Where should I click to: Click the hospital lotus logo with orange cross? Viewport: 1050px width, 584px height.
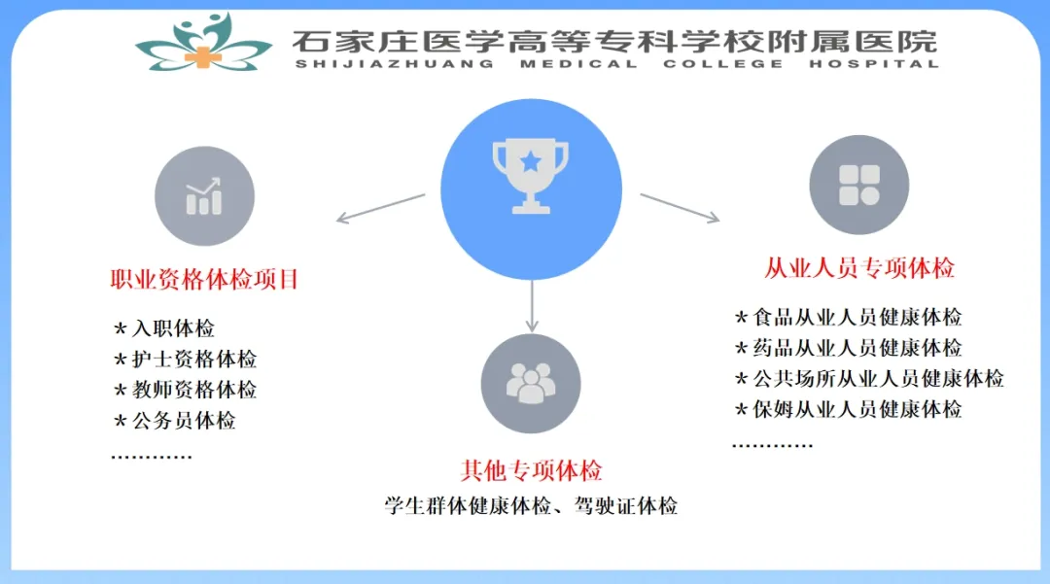click(203, 43)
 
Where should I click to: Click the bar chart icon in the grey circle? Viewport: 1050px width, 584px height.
click(204, 196)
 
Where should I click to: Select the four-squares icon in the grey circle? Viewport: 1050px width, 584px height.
click(858, 185)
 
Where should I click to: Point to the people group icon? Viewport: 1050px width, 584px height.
click(531, 383)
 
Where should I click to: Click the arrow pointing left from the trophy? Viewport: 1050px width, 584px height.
click(380, 208)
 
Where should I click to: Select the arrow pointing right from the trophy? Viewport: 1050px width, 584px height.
click(680, 208)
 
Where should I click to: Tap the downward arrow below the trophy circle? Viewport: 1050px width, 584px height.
click(531, 306)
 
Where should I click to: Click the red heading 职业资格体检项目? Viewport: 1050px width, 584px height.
click(204, 281)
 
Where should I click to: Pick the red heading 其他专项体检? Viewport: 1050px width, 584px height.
click(531, 471)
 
